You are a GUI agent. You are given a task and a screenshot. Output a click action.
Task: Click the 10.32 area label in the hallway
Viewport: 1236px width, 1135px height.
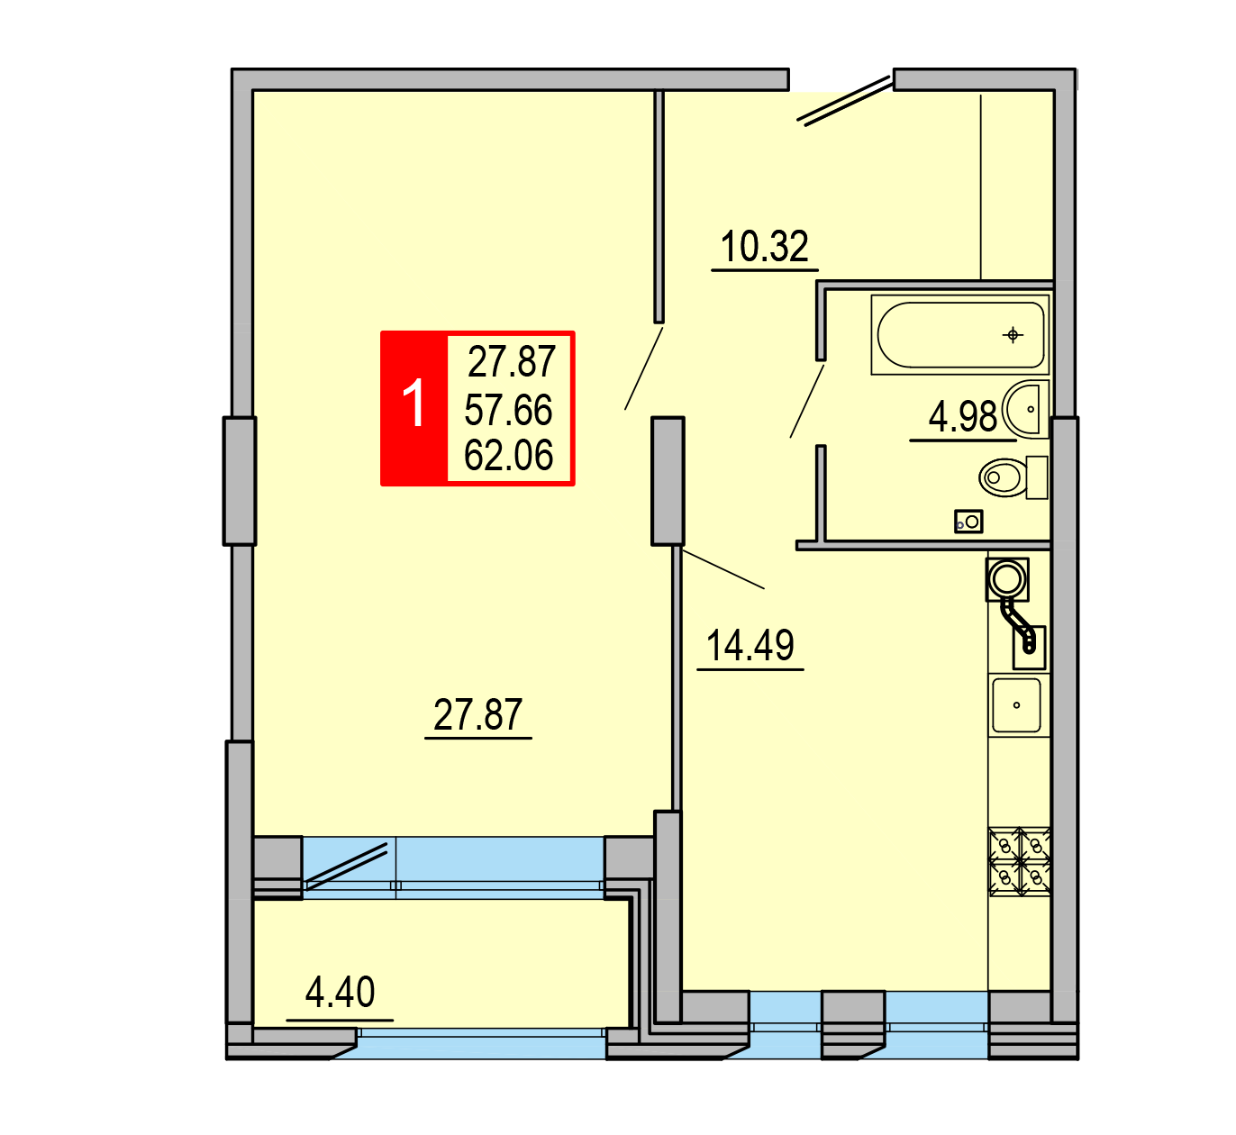tap(764, 247)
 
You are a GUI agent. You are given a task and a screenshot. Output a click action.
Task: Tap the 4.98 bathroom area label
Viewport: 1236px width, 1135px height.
tap(962, 416)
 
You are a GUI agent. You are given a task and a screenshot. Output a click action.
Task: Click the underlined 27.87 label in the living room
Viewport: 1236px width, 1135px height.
tap(477, 714)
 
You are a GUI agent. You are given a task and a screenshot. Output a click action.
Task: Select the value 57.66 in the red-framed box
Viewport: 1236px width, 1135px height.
tap(508, 410)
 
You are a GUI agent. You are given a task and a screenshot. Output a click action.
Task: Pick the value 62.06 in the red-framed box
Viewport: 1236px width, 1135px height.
tap(508, 456)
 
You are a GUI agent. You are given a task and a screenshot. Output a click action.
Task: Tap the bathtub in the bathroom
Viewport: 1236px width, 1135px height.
tap(960, 334)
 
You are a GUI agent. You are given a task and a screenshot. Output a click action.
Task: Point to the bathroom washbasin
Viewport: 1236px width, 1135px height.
tap(1025, 409)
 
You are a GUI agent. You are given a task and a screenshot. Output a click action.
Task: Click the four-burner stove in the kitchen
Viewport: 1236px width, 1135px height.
tap(1019, 862)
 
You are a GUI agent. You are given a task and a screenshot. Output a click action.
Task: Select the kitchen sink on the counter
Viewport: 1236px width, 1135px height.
tap(1016, 705)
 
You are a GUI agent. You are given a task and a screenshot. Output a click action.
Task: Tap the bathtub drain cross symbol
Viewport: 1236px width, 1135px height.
tap(1013, 335)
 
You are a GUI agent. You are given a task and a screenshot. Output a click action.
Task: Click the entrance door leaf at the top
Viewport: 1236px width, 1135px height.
tap(845, 101)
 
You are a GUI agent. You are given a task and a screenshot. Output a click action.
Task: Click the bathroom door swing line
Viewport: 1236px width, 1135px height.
tap(807, 401)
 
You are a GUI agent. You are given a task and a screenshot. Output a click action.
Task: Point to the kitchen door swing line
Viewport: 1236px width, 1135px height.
tap(723, 568)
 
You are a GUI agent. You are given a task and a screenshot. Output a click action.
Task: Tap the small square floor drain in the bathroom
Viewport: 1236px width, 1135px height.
tap(968, 522)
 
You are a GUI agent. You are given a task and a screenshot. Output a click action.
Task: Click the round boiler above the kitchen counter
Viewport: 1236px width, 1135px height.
tap(1007, 579)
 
